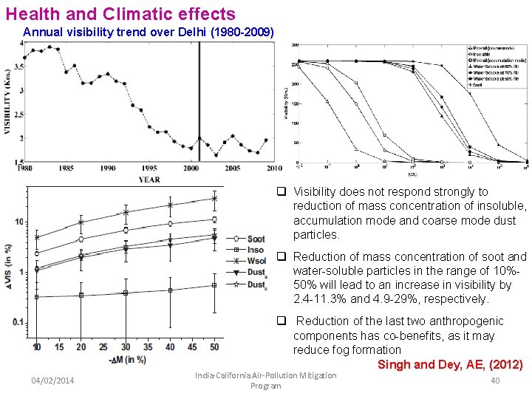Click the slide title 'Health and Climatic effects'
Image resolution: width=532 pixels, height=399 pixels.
120,13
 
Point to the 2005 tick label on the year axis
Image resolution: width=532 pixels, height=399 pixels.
233,168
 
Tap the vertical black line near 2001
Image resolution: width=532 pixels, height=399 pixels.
199,100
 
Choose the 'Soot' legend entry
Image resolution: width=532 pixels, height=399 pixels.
256,239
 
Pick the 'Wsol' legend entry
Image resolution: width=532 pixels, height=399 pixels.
256,261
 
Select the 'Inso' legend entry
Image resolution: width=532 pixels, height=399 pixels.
256,250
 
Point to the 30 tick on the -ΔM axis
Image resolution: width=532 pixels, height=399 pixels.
126,347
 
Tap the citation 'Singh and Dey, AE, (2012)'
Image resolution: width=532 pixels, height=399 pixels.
450,364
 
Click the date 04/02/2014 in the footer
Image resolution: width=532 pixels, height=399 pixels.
52,380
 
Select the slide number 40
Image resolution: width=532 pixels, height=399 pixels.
496,380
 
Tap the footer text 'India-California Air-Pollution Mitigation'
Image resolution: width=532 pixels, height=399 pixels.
265,375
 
